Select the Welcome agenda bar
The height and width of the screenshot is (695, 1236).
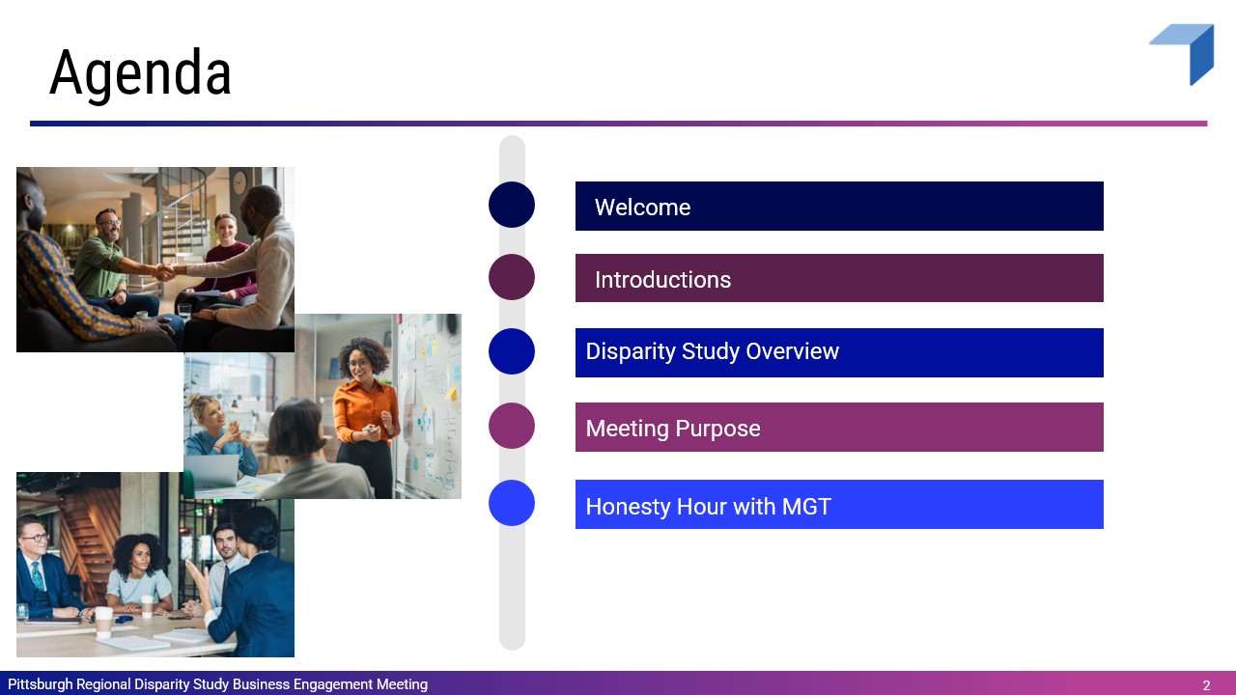pos(839,206)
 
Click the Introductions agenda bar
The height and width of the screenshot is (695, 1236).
pos(839,278)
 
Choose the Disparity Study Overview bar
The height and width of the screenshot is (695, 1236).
pos(839,352)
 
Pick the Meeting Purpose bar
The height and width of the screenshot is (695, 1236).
pos(839,427)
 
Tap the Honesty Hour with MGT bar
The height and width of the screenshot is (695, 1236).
pos(839,504)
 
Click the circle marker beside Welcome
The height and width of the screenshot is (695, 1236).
pos(512,205)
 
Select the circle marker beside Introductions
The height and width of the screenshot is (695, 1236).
pos(512,277)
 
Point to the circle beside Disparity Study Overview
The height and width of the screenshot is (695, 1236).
pos(512,351)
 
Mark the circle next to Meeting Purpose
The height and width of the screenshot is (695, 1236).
pos(512,426)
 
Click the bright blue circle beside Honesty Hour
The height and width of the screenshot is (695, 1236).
pos(512,503)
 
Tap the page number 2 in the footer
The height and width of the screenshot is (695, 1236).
pos(1206,685)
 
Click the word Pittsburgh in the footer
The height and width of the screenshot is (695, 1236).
pos(41,684)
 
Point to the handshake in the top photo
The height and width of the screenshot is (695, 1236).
pos(165,271)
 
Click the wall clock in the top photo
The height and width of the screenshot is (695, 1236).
pos(239,181)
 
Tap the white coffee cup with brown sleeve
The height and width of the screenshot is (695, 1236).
pos(103,623)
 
